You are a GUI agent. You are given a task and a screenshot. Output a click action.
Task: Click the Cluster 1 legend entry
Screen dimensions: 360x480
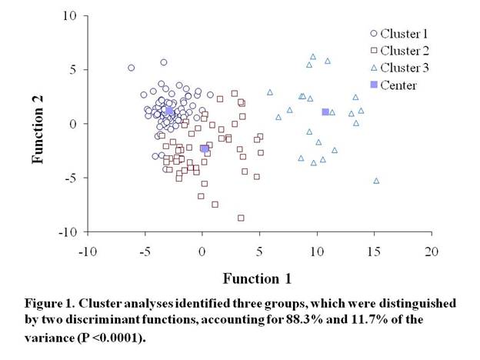(x=398, y=33)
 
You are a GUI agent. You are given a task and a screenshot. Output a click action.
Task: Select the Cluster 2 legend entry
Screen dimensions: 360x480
(x=398, y=51)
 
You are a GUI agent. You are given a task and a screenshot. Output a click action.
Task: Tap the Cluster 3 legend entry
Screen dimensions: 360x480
(x=398, y=68)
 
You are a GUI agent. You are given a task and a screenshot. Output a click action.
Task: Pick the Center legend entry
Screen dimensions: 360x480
(x=392, y=85)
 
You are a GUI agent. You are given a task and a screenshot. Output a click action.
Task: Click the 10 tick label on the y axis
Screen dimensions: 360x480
(x=69, y=15)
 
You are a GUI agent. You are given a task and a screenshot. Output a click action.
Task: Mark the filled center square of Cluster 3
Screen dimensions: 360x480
(x=325, y=112)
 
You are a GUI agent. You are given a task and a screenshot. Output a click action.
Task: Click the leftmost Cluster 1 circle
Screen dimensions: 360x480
(x=131, y=68)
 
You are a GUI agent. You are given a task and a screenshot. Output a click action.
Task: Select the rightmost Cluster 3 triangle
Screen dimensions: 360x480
(x=376, y=181)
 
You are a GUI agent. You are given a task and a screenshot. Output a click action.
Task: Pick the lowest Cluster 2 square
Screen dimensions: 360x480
(x=241, y=218)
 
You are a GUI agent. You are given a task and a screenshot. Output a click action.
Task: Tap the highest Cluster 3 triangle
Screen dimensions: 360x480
(x=313, y=56)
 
